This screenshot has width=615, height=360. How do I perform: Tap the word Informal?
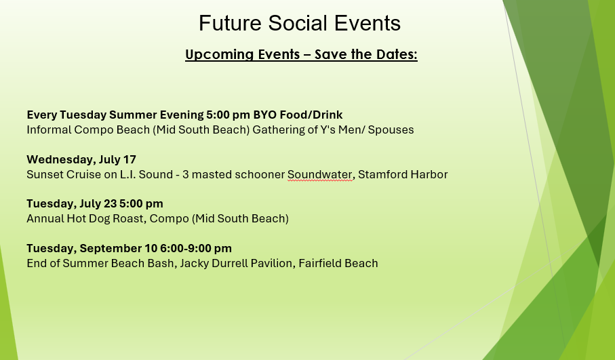[x=49, y=129]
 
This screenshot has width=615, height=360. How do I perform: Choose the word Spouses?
[x=391, y=130]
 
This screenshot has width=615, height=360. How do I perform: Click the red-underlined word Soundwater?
[x=319, y=174]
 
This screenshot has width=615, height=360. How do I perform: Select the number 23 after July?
[x=111, y=204]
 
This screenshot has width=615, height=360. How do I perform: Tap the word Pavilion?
[x=273, y=263]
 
